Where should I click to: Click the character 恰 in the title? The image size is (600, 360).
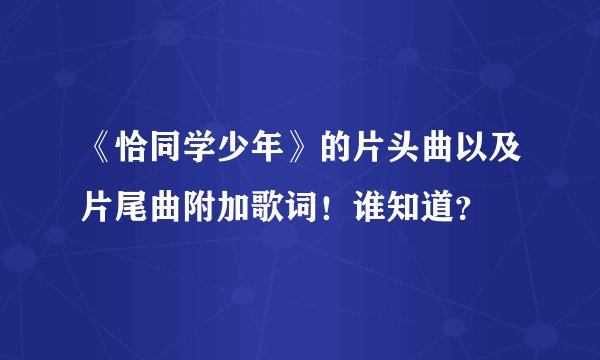[134, 153]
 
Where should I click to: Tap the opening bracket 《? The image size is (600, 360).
[101, 153]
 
